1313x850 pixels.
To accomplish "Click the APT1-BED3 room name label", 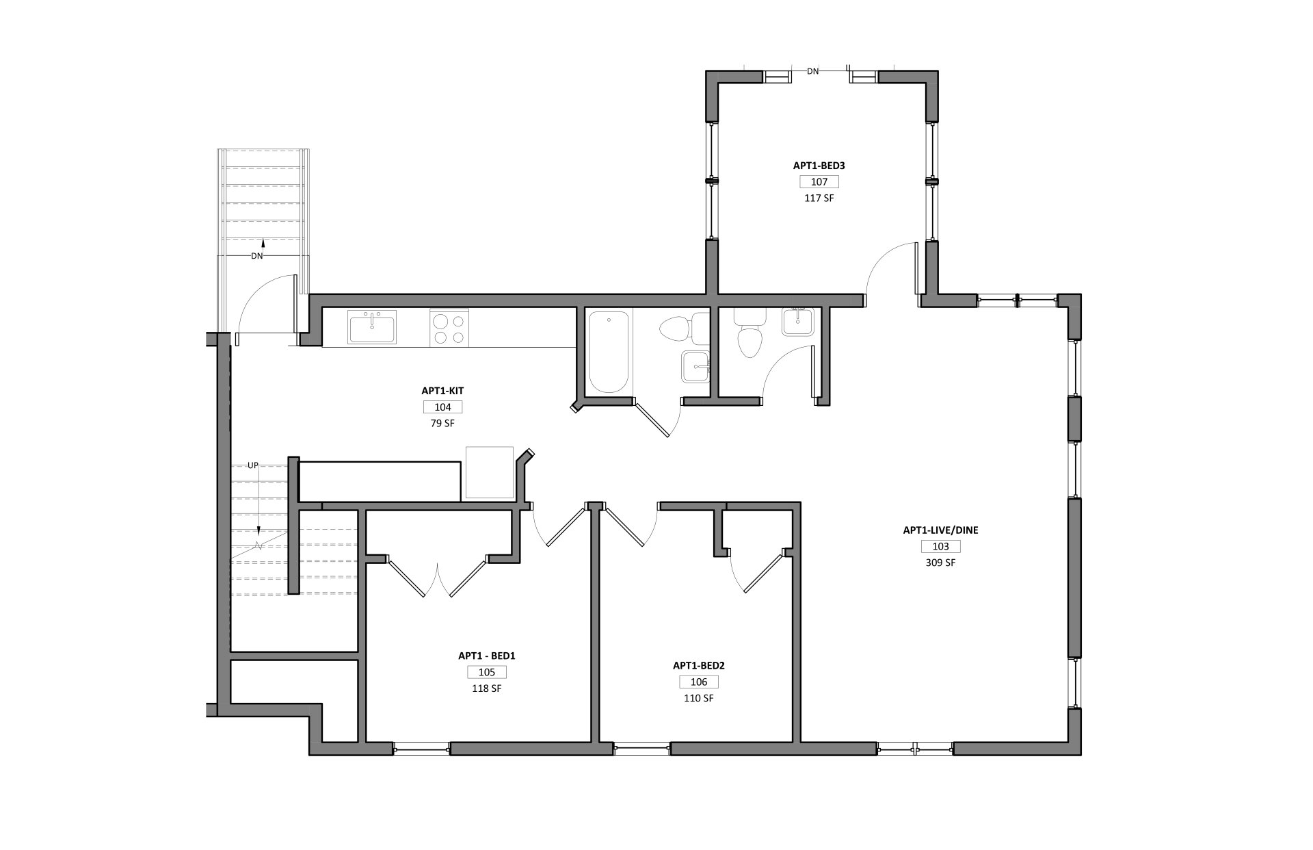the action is (819, 166).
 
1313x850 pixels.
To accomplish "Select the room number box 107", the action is (819, 182).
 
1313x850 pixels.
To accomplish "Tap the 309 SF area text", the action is (940, 563).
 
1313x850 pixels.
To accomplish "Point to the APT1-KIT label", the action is (443, 391).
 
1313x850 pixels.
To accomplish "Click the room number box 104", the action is (443, 407).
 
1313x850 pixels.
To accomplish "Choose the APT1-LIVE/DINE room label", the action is (940, 530).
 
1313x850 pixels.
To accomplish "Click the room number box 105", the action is (487, 672).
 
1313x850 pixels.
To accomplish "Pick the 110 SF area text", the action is (699, 698).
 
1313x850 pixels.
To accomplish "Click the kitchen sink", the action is (372, 326).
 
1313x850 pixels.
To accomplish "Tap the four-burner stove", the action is (449, 328).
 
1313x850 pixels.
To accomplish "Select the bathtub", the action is (609, 352).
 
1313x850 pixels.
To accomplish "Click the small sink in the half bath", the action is (798, 322).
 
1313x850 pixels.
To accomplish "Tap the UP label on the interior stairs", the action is (253, 465).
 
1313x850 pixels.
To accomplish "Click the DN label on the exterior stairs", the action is (257, 256).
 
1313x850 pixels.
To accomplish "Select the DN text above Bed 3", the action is (813, 71).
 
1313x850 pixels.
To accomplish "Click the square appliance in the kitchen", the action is (490, 472).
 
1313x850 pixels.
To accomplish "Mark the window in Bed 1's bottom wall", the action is (421, 749).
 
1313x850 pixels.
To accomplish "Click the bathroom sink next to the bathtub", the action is (696, 367).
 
